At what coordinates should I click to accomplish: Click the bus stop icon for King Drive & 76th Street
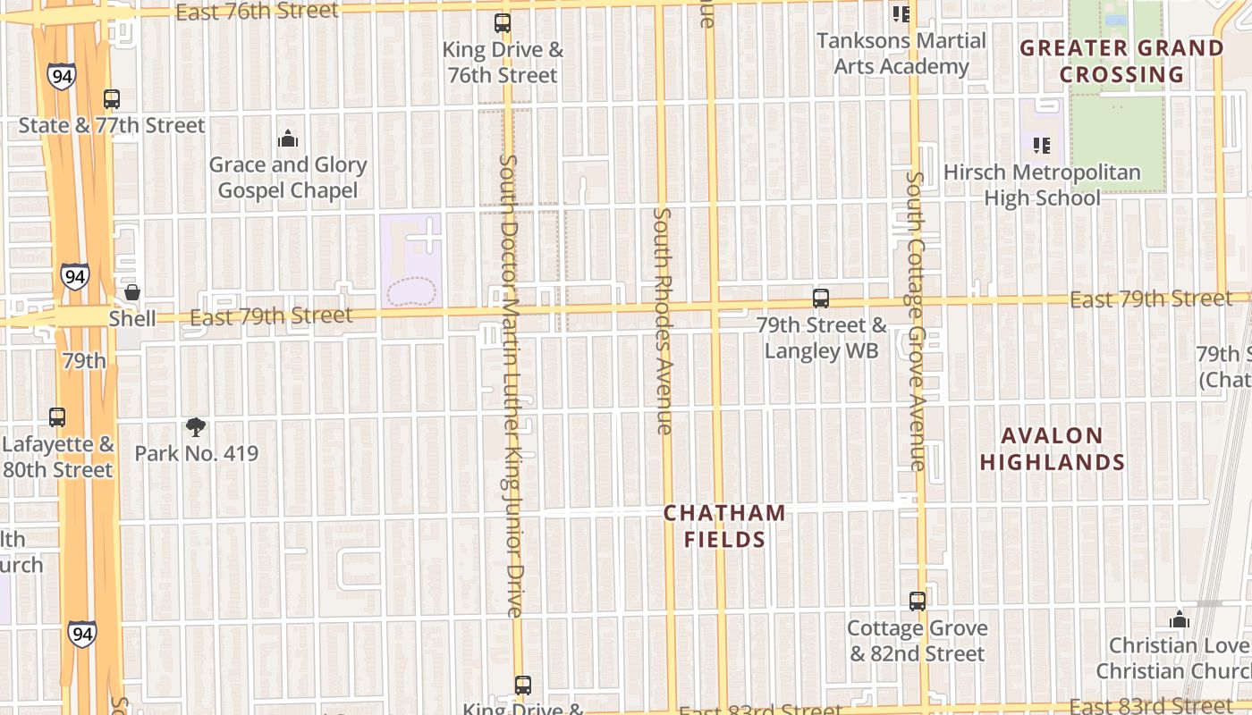coord(503,23)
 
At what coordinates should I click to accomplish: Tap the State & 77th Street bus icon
coord(112,99)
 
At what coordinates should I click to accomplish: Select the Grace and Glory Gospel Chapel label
coord(288,177)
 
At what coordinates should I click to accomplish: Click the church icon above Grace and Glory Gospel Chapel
coord(288,139)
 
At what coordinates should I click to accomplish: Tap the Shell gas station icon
coord(132,292)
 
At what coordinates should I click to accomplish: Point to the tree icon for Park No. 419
coord(195,427)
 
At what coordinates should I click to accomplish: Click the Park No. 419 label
coord(196,453)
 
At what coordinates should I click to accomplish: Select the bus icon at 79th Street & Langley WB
coord(821,299)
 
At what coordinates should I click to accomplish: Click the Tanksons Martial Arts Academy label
coord(901,54)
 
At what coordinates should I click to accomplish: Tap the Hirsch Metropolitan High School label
coord(1042,185)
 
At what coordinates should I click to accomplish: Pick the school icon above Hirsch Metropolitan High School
coord(1041,145)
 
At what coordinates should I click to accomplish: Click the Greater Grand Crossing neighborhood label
coord(1122,61)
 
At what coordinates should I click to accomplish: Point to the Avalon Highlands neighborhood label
coord(1053,449)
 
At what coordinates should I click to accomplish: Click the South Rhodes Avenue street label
coord(663,322)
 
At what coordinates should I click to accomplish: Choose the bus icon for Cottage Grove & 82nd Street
coord(918,601)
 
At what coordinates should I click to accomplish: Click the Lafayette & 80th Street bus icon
coord(57,416)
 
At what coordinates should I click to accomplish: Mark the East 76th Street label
coord(258,12)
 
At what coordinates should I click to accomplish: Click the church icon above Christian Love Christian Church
coord(1180,619)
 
